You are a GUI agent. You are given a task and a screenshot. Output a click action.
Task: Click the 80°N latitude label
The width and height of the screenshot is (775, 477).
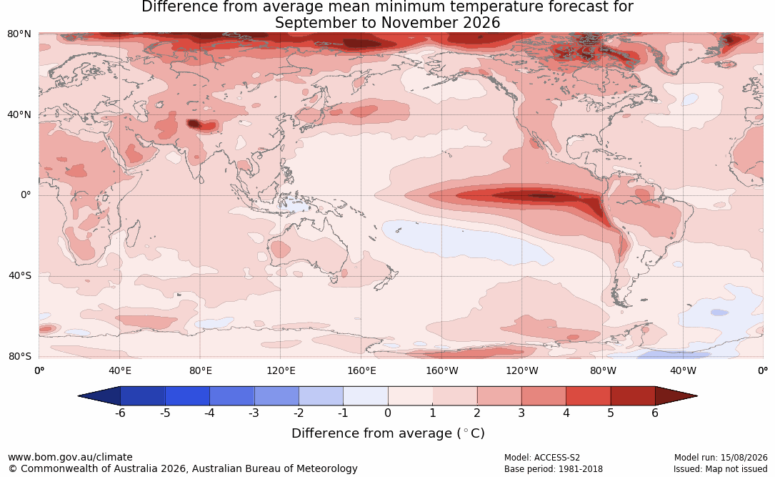pos(19,34)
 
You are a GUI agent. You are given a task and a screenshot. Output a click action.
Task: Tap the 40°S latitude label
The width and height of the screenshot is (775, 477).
pos(20,275)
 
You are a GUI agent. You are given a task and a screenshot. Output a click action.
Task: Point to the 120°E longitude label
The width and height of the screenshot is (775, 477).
pos(281,370)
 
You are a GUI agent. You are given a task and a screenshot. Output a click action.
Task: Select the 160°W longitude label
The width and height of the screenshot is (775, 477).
pos(442,370)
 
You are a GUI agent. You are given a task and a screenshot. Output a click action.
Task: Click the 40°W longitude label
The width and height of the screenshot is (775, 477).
pos(683,370)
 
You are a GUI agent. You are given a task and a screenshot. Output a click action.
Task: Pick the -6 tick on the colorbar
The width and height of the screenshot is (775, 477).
pos(120,413)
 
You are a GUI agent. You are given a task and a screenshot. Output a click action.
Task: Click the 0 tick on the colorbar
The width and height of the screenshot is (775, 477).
pos(388,413)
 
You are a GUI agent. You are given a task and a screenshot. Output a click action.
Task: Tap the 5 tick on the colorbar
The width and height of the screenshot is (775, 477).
pos(611,413)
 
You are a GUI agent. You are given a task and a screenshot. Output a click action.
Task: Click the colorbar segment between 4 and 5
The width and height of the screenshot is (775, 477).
pos(588,396)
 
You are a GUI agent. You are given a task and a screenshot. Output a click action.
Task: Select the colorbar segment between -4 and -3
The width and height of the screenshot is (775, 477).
pos(232,396)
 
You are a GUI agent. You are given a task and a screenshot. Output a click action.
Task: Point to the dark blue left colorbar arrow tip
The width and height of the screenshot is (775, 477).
pos(79,396)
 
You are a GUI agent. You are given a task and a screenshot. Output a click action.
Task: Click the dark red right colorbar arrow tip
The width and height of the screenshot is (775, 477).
pos(697,396)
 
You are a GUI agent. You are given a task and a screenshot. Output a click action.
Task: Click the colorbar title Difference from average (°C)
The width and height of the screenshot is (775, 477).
pos(388,433)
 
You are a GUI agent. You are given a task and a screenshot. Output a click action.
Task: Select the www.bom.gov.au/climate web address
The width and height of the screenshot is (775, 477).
pos(70,457)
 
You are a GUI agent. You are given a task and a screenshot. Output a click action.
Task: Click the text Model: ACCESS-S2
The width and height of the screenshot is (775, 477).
pos(541,458)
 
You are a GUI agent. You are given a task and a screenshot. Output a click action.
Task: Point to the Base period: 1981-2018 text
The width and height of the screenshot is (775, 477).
pos(553,468)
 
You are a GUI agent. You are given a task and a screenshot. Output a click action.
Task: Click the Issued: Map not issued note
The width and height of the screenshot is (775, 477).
pos(720,468)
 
